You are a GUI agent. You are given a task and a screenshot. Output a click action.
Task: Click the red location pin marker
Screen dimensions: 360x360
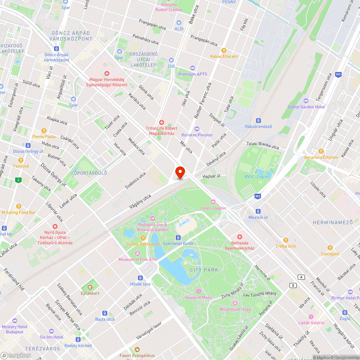[180, 172]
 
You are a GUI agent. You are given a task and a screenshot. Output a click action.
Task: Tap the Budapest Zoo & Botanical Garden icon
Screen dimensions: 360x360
[152, 219]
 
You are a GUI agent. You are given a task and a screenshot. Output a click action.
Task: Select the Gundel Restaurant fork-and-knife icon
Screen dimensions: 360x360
[143, 238]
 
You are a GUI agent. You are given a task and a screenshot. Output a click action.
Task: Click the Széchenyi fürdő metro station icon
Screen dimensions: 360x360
[178, 238]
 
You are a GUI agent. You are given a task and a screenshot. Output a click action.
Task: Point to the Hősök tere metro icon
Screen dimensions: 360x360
[140, 278]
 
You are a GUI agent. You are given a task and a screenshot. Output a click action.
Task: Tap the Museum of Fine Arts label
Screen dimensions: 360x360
[138, 260]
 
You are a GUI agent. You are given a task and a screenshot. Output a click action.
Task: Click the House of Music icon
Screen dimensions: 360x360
[198, 291]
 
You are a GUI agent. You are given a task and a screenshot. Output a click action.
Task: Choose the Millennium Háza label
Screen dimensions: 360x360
[235, 309]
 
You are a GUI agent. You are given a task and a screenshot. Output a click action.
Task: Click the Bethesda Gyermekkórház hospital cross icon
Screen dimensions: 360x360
[239, 237]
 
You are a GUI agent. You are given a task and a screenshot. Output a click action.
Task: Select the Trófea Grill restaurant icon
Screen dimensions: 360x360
[286, 240]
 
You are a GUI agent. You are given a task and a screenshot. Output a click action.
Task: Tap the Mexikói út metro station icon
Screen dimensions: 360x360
[258, 211]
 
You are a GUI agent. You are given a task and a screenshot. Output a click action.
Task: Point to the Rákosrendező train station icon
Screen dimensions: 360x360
[258, 121]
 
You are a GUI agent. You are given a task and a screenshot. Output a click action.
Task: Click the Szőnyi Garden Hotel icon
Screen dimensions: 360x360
[306, 101]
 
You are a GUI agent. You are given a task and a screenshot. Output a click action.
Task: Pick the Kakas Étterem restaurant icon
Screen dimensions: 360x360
[224, 50]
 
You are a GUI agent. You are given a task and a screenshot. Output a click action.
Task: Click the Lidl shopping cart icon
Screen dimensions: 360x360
[171, 60]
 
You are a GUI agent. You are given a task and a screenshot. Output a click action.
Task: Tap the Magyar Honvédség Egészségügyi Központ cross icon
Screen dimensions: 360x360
[107, 73]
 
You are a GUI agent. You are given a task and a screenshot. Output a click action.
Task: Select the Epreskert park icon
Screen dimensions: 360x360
[90, 287]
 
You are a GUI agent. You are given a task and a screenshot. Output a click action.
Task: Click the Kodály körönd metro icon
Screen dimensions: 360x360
[78, 339]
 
